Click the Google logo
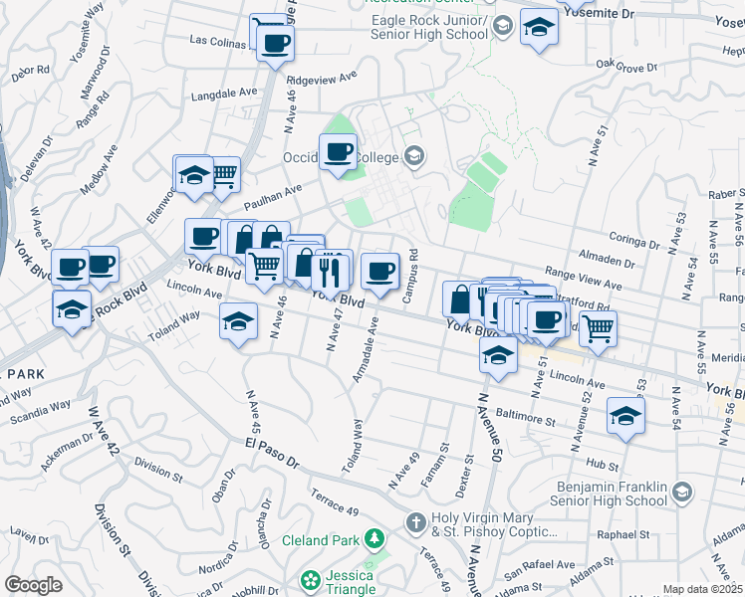point(34,585)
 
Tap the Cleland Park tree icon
point(374,540)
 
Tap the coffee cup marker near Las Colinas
point(274,43)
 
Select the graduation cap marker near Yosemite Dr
point(539,27)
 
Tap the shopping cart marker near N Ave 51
point(598,327)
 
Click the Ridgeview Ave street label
point(321,77)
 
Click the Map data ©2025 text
point(702,589)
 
